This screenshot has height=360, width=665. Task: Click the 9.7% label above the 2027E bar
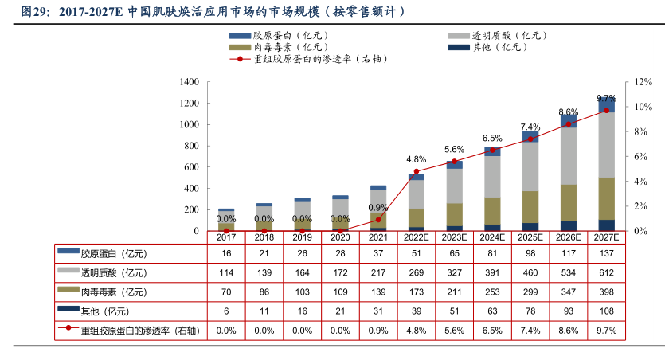[607, 99]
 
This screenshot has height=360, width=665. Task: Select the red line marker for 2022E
[417, 171]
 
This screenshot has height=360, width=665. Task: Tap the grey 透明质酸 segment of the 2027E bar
[607, 144]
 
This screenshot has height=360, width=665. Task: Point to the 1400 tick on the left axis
[189, 82]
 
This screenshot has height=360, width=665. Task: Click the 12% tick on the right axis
[644, 82]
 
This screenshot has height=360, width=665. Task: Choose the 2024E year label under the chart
[492, 237]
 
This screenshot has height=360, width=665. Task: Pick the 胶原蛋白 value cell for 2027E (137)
[607, 254]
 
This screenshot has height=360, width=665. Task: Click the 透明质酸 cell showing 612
[607, 272]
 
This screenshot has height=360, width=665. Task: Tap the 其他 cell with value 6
[226, 310]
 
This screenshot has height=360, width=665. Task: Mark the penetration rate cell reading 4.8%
[417, 329]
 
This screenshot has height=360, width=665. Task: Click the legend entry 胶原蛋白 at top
[275, 36]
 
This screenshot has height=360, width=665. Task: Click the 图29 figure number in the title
[36, 12]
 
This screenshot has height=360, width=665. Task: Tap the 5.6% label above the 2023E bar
[454, 150]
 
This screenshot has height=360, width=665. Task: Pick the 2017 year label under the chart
[226, 237]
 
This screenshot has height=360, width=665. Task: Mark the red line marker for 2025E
[530, 139]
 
